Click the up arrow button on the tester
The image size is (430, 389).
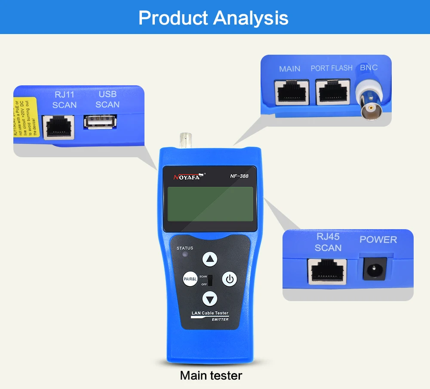click(x=210, y=259)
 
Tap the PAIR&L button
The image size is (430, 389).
click(x=190, y=279)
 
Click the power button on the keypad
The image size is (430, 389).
click(x=230, y=279)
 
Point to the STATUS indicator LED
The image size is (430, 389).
click(x=185, y=255)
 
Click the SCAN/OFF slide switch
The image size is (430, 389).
click(x=211, y=280)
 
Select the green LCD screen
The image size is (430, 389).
click(x=210, y=204)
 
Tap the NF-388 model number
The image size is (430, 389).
click(x=239, y=175)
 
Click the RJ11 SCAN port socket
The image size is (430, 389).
click(x=58, y=125)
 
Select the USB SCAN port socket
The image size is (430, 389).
click(x=100, y=122)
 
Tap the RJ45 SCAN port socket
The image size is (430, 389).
click(x=327, y=271)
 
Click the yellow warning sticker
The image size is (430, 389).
click(x=26, y=118)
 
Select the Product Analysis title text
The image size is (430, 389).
click(x=213, y=18)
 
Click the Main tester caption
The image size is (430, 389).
click(x=211, y=375)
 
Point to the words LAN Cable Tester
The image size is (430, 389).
click(x=210, y=313)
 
